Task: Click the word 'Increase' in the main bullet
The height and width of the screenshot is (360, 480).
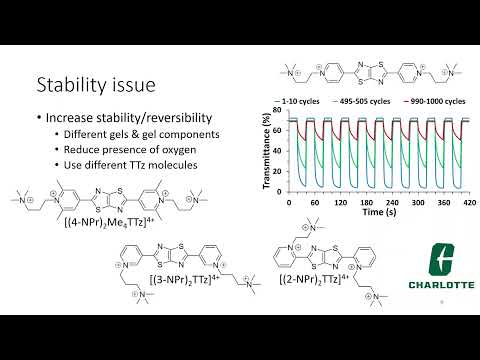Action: tap(70, 117)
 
